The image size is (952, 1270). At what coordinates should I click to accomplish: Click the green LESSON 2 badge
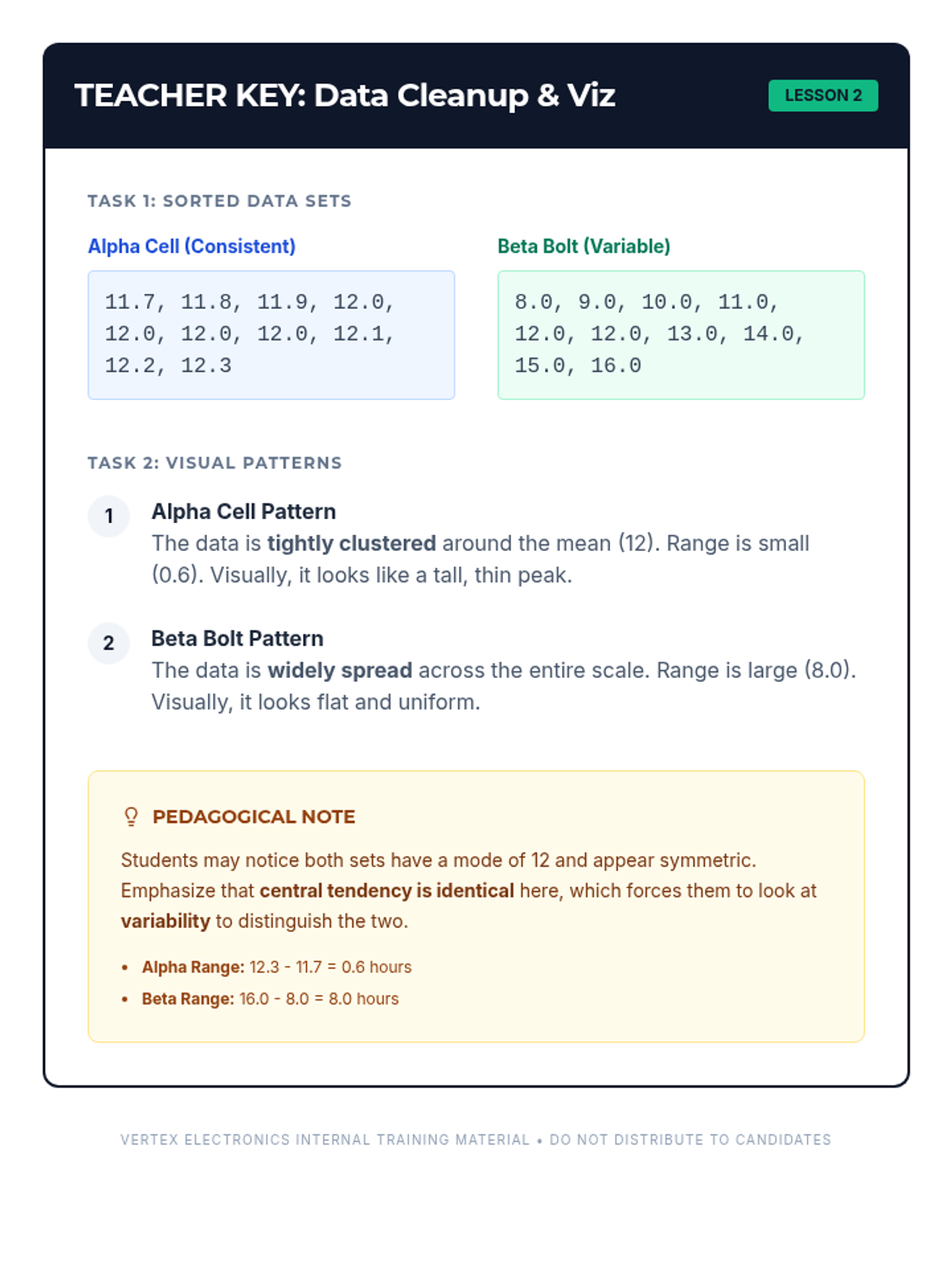pos(823,95)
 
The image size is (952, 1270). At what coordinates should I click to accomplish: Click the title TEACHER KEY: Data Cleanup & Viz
pos(344,95)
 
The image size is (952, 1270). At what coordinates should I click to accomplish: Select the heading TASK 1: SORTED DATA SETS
pos(219,201)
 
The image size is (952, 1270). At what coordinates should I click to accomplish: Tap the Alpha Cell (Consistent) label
pos(191,246)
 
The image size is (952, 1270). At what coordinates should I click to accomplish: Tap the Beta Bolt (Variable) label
pos(583,246)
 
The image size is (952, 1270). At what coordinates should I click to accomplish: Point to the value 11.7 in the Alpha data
pos(129,302)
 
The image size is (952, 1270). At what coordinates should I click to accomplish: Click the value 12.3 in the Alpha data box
pos(205,366)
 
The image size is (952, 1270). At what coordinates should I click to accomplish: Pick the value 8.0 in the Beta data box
pos(533,302)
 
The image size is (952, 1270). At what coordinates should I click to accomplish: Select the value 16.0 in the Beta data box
pos(616,366)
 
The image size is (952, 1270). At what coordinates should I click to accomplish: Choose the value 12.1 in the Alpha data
pos(358,334)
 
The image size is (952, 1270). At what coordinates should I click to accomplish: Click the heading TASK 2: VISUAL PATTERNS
pos(214,463)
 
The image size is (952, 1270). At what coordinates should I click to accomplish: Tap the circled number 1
pos(109,517)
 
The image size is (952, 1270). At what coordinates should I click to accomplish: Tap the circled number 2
pos(109,643)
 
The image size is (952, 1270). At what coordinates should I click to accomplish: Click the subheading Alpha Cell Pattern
pos(244,511)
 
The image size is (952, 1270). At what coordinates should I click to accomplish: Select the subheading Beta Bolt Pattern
pos(237,638)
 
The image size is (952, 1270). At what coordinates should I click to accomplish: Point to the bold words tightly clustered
pos(351,543)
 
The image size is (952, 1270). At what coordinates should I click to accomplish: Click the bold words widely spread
pos(340,670)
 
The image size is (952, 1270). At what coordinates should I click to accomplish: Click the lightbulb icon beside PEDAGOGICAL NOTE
pos(132,817)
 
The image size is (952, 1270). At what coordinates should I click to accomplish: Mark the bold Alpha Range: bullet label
pos(193,967)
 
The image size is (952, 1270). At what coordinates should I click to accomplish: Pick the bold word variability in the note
pos(165,921)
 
